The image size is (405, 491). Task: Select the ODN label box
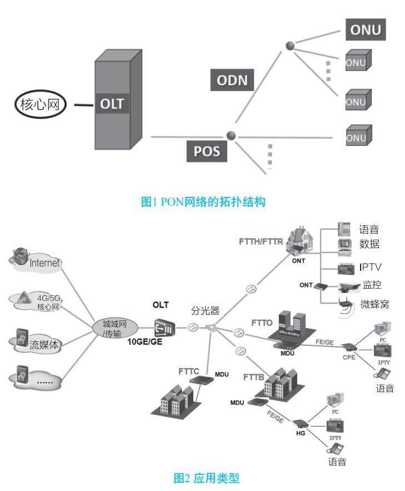(232, 80)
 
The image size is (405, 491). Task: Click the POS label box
(207, 151)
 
